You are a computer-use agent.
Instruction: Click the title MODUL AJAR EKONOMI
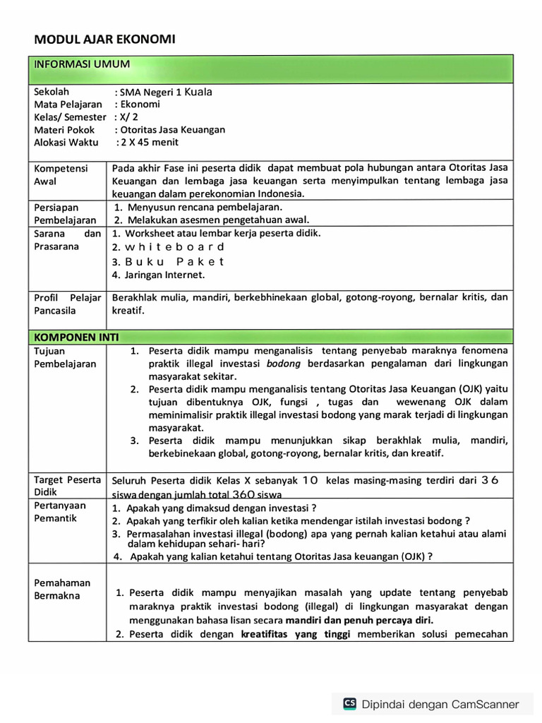pyautogui.click(x=104, y=40)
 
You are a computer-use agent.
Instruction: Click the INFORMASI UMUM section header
pyautogui.click(x=82, y=65)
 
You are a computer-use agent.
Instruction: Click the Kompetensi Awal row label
pyautogui.click(x=61, y=174)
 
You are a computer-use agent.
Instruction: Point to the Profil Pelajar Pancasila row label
pyautogui.click(x=67, y=304)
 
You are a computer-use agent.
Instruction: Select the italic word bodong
pyautogui.click(x=284, y=364)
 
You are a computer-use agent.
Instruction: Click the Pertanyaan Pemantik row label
pyautogui.click(x=60, y=512)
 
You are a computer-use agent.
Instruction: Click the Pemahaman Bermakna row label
pyautogui.click(x=62, y=589)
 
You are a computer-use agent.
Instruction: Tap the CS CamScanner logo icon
pyautogui.click(x=349, y=703)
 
